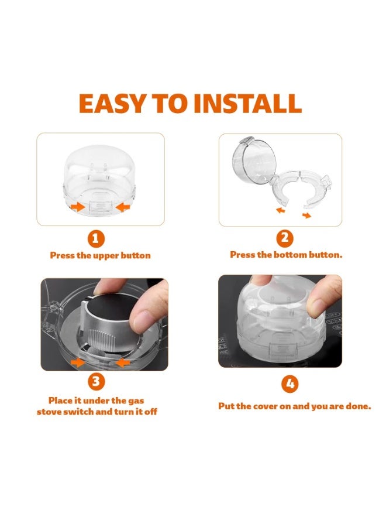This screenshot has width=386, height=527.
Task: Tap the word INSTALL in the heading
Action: point(248,103)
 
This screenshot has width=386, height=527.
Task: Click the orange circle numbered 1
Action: point(96,239)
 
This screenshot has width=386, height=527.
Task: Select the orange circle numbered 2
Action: point(285,238)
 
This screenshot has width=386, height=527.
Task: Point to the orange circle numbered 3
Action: point(96,381)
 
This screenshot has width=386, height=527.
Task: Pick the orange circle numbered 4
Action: point(290,384)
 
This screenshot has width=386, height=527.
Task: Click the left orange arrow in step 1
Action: point(78,207)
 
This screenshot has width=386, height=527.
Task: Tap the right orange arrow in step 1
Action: point(122,207)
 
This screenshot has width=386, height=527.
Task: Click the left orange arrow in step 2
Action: point(281,210)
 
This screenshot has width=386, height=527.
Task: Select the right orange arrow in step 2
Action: point(306,215)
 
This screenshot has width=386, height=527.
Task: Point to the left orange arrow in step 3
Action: point(78,362)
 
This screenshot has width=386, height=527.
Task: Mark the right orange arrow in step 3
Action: point(123,362)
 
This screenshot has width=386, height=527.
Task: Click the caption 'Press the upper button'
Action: point(101,255)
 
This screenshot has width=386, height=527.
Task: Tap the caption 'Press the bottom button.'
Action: point(286,255)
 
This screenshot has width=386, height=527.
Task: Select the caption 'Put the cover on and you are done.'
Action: point(295,406)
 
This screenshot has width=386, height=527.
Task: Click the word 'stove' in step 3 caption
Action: point(49,412)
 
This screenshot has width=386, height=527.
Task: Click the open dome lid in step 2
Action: point(254,161)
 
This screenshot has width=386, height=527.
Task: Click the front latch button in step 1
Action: point(100,206)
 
